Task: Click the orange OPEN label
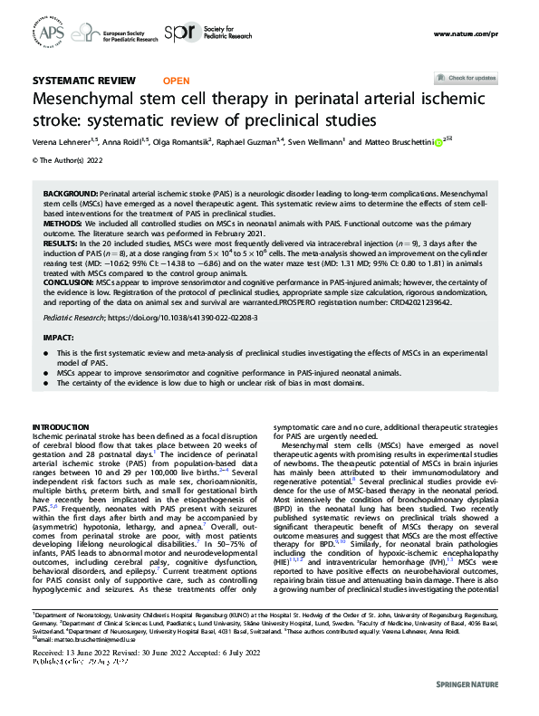coord(176,81)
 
